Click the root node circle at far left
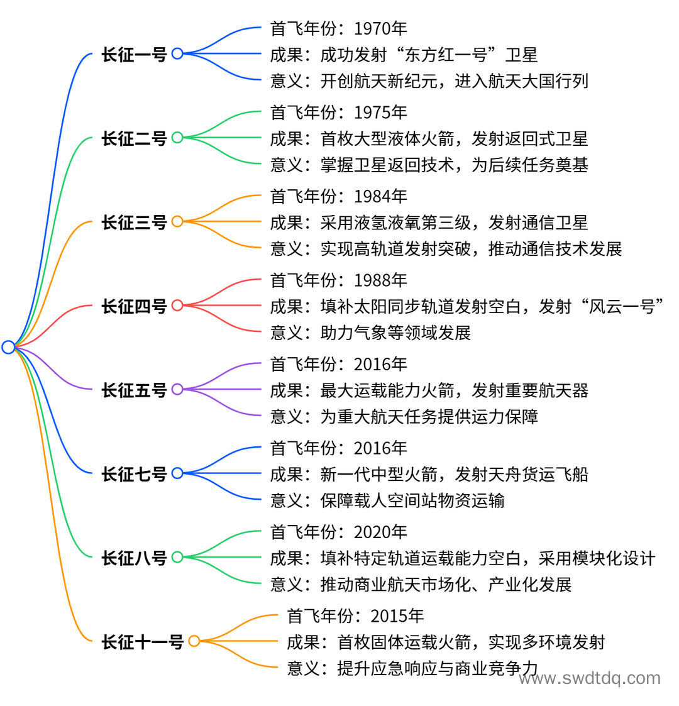pyautogui.click(x=8, y=347)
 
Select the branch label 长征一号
pyautogui.click(x=134, y=54)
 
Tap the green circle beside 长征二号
pyautogui.click(x=177, y=137)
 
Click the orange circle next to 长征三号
pyautogui.click(x=177, y=221)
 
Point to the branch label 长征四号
pyautogui.click(x=134, y=306)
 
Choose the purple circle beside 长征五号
pyautogui.click(x=177, y=390)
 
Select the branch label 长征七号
pyautogui.click(x=134, y=473)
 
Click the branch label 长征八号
pyautogui.click(x=134, y=558)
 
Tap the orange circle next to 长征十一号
pyautogui.click(x=194, y=641)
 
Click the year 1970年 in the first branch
pyautogui.click(x=380, y=28)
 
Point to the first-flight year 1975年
pyautogui.click(x=380, y=112)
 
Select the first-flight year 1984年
pyautogui.click(x=380, y=196)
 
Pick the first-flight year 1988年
pyautogui.click(x=380, y=280)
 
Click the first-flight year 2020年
pyautogui.click(x=380, y=532)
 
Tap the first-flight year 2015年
pyautogui.click(x=397, y=616)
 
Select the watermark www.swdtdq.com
pyautogui.click(x=590, y=678)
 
